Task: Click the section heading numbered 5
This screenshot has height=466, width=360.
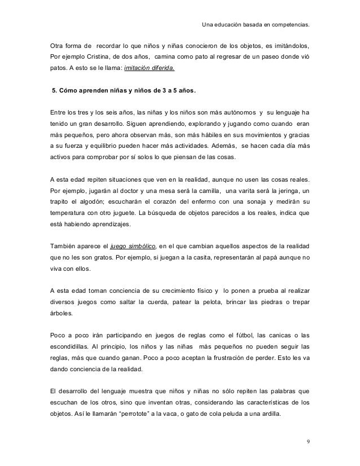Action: pyautogui.click(x=124, y=90)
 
